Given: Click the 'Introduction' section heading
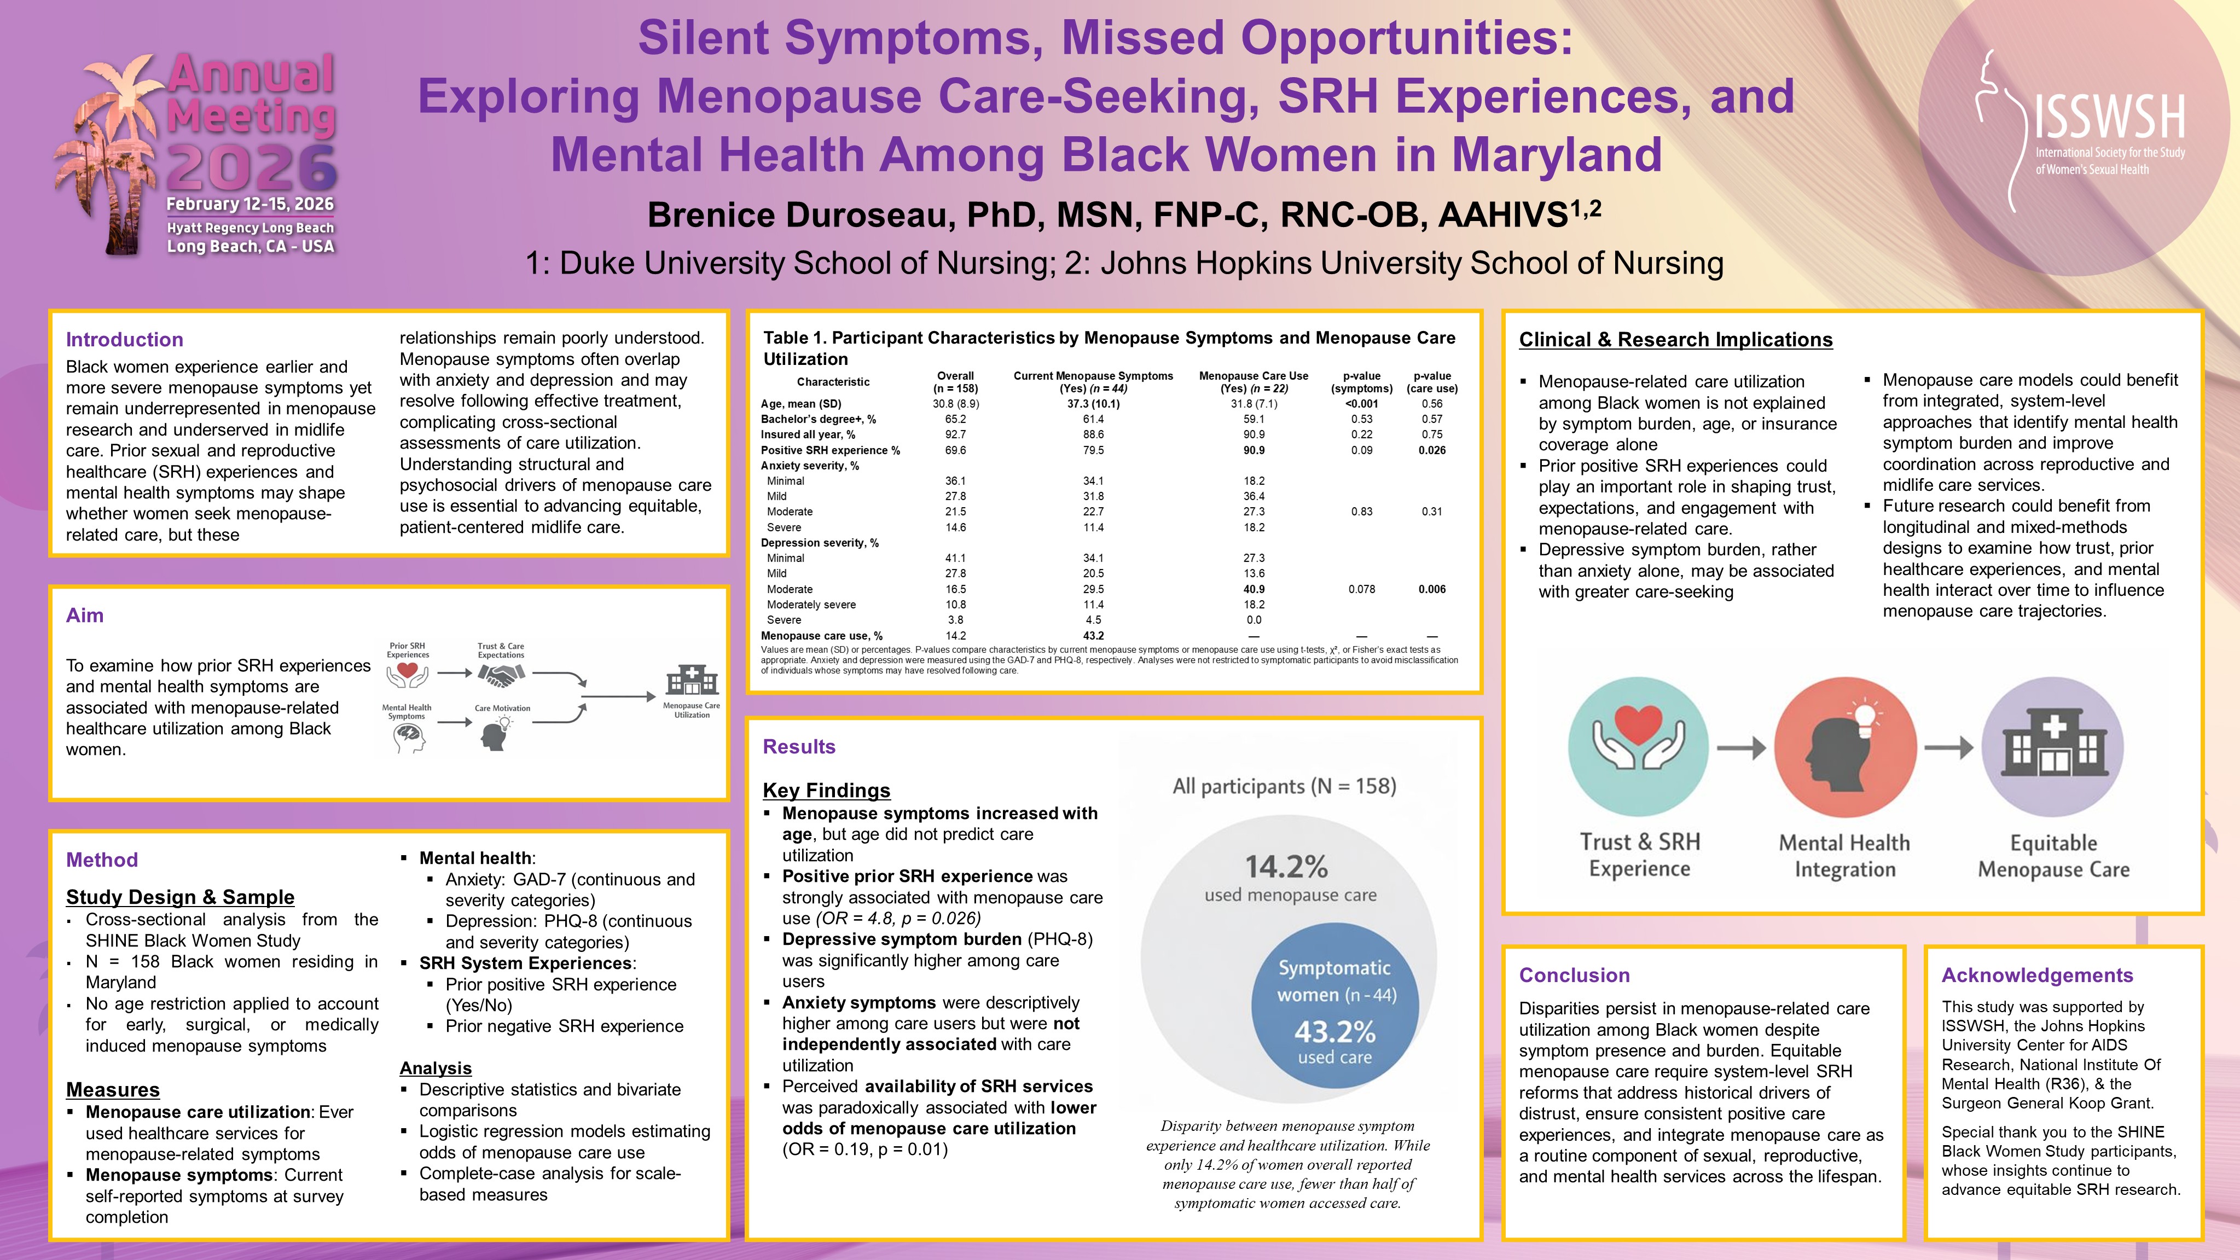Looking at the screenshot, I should coord(124,340).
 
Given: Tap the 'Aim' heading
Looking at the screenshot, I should coord(84,616).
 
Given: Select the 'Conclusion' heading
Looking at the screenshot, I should coord(1574,976).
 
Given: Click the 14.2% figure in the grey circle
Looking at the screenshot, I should coord(1286,867).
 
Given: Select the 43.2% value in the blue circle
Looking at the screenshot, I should coord(1335,1032).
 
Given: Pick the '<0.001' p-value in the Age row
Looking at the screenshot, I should coord(1361,403).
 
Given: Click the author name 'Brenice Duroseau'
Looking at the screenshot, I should coord(800,216).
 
